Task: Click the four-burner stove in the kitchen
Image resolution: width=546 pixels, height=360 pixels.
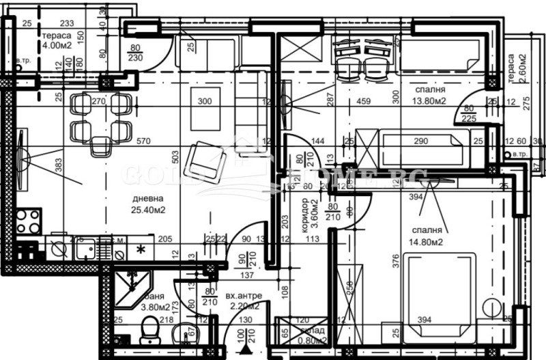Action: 28,221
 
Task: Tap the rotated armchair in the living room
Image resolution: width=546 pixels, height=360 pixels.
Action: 207,159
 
